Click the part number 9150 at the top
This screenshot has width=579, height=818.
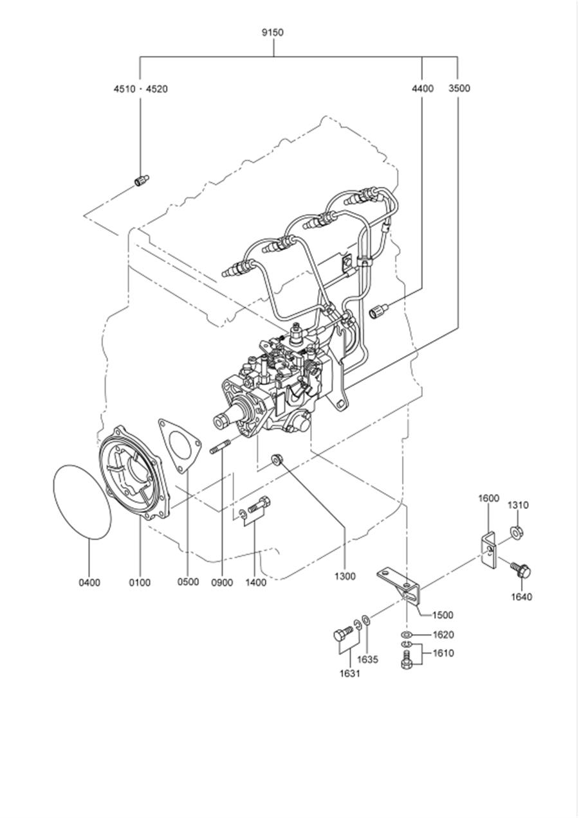coord(273,33)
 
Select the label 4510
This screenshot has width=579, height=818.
coord(124,89)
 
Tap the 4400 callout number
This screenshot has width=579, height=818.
coord(422,89)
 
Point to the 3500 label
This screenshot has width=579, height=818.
coord(459,89)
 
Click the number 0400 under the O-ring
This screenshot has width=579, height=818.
coord(89,582)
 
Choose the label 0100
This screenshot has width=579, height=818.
coord(140,582)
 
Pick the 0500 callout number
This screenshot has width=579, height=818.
coord(188,582)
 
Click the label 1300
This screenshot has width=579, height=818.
coord(345,576)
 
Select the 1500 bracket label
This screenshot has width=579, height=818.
coord(443,616)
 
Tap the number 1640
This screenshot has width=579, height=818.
coord(521,597)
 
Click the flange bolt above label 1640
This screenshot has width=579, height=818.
coord(521,570)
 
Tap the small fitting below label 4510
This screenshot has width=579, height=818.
coord(142,181)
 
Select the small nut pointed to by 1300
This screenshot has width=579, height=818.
coord(276,459)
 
